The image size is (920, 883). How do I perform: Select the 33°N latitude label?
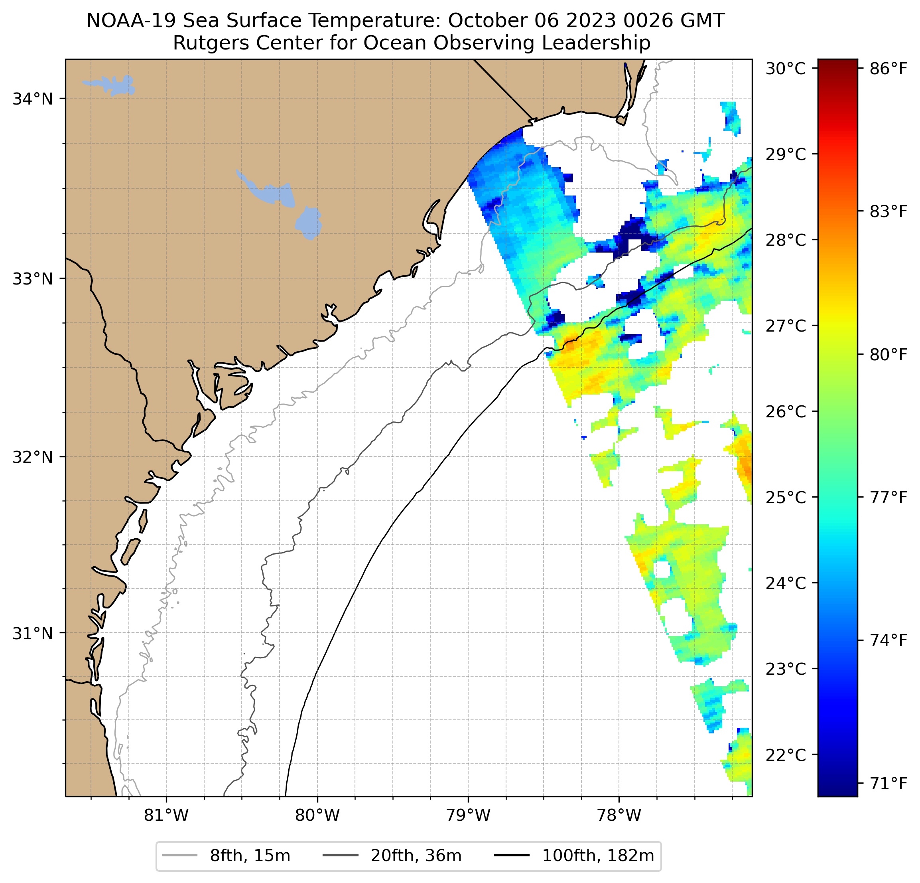pos(32,279)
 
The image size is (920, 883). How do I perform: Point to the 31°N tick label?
pos(32,634)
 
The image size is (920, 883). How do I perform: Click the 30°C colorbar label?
pos(785,69)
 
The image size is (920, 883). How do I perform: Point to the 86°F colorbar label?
pos(888,69)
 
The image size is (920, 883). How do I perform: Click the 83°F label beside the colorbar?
pos(888,212)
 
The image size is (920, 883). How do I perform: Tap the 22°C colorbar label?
pos(785,755)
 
